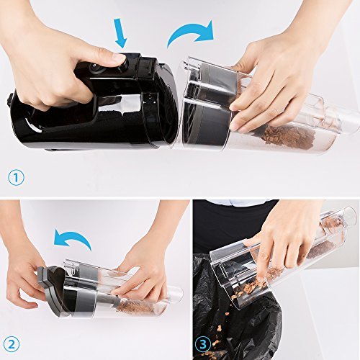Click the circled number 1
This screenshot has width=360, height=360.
pyautogui.click(x=16, y=178)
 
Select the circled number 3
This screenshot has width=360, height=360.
pyautogui.click(x=203, y=345)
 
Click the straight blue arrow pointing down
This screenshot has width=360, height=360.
pyautogui.click(x=122, y=34)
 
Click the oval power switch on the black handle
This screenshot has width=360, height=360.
pyautogui.click(x=93, y=68)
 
